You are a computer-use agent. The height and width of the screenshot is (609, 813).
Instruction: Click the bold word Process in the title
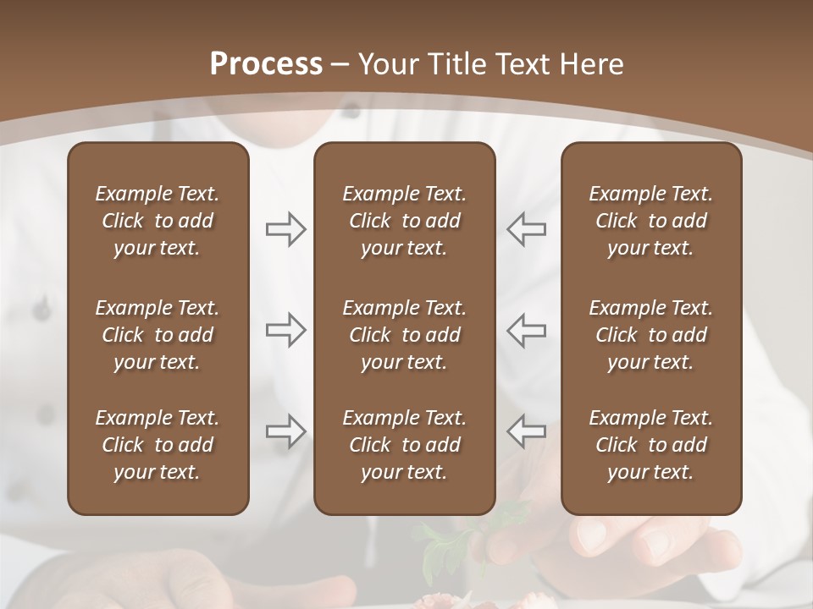click(x=266, y=63)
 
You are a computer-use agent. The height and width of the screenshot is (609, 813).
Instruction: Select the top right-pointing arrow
click(x=285, y=229)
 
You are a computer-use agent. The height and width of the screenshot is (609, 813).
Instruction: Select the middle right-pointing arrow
click(x=285, y=330)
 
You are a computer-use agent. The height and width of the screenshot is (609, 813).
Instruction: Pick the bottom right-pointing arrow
click(x=285, y=431)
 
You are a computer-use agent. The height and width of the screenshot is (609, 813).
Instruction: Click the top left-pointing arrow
click(x=526, y=229)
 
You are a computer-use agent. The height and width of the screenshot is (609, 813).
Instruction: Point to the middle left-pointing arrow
click(x=526, y=330)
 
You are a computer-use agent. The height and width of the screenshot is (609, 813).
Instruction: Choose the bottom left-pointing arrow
click(x=526, y=431)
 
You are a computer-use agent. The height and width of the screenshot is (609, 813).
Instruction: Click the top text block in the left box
click(x=158, y=221)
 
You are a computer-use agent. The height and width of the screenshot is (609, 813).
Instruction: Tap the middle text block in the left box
click(x=158, y=335)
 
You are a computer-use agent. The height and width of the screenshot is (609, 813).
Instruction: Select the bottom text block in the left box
click(x=158, y=445)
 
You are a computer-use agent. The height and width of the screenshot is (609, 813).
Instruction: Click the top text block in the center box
click(x=405, y=221)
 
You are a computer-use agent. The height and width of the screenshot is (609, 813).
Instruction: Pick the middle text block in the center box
click(x=405, y=335)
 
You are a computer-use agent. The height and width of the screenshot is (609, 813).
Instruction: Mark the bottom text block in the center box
click(x=405, y=445)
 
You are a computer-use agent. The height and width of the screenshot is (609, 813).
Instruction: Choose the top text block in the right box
click(x=651, y=221)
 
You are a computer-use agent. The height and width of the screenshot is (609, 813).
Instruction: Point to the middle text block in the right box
click(x=651, y=335)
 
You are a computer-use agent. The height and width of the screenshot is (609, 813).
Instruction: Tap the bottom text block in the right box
click(x=651, y=445)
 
